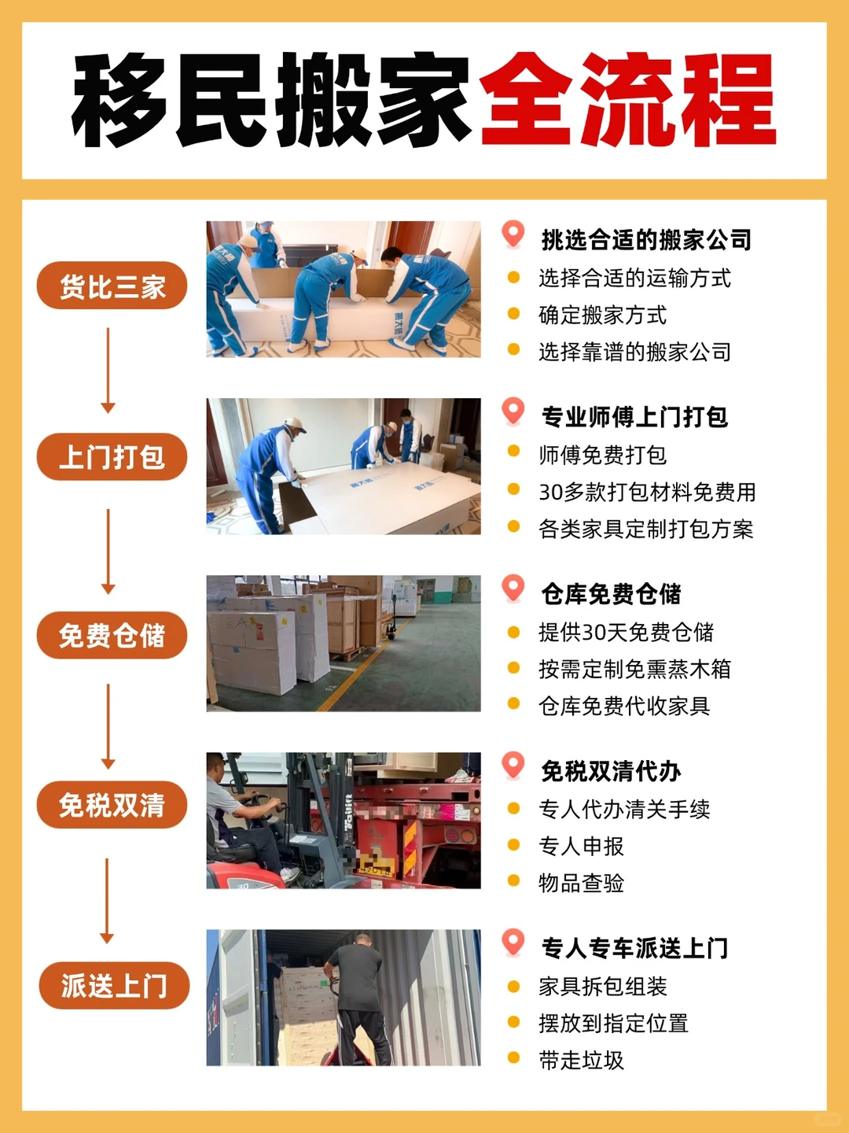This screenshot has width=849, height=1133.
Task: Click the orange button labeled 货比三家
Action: (112, 286)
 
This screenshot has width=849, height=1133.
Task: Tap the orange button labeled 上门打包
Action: (112, 456)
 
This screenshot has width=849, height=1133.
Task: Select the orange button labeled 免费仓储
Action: (112, 635)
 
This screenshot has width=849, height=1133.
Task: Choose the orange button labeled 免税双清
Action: (112, 805)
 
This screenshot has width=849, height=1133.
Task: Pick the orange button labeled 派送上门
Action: (114, 985)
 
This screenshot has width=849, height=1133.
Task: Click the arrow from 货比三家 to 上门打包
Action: (108, 371)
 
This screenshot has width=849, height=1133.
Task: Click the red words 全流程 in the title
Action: (627, 101)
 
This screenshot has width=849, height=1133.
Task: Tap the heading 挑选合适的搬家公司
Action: (646, 240)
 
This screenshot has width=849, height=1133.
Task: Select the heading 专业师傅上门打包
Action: (634, 417)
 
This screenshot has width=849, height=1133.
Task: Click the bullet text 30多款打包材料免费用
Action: (647, 492)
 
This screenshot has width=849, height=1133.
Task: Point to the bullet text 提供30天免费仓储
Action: (626, 632)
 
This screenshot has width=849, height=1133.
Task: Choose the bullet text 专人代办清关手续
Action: (624, 809)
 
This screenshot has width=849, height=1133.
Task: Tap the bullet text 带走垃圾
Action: (581, 1060)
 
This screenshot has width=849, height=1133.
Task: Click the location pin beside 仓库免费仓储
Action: (513, 588)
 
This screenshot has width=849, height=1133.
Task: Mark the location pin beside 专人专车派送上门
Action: (513, 942)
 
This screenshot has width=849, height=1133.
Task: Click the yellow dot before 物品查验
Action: (513, 881)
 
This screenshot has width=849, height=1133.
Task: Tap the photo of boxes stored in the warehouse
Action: (344, 644)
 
